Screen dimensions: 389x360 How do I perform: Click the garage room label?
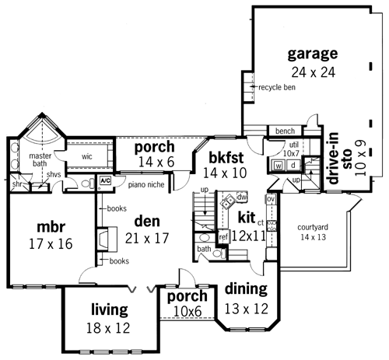point(313,54)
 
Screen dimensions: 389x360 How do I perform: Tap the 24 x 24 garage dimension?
point(314,72)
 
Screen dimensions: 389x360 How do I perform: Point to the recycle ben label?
point(277,87)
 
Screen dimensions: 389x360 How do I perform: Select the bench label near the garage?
point(285,131)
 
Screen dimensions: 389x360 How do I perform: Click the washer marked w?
point(279,166)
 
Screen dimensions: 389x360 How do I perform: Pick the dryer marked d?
point(293,165)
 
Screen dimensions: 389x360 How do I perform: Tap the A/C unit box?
point(105,180)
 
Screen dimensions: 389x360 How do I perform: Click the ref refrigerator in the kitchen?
point(223,236)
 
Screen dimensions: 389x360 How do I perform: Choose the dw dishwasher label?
point(242,197)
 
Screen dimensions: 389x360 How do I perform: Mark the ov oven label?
point(271,199)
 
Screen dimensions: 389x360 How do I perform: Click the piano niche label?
point(146,185)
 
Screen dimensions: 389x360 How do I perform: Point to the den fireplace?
point(107,239)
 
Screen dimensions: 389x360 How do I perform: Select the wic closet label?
point(87,156)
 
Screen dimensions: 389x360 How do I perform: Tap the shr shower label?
point(17,184)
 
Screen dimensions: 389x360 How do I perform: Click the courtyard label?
point(313,227)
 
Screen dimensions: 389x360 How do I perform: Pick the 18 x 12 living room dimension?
point(108,328)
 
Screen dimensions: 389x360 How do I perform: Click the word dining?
point(246,289)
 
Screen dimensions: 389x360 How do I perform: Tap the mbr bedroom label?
point(51,226)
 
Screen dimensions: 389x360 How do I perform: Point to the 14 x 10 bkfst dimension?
point(225,173)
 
